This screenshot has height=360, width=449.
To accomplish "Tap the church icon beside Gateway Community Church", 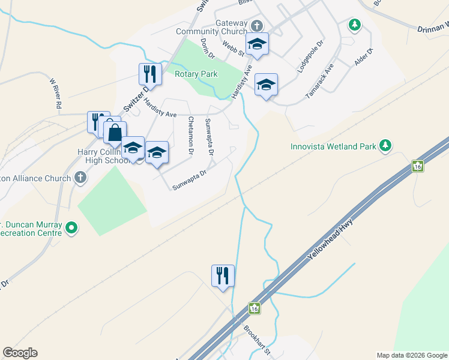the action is click(x=257, y=26).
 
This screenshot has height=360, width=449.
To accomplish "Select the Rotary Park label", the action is click(x=196, y=74).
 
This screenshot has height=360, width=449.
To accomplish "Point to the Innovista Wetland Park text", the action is click(x=333, y=146).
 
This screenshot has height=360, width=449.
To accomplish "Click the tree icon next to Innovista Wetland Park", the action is click(x=385, y=146).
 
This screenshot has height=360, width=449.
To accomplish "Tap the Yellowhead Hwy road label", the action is click(x=330, y=239).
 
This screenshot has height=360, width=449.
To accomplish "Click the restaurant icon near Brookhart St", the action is click(x=223, y=276).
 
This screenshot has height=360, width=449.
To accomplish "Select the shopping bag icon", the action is click(x=115, y=132).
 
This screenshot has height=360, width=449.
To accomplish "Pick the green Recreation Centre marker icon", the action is click(x=71, y=227).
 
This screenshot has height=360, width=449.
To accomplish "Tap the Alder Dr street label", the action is click(x=364, y=57).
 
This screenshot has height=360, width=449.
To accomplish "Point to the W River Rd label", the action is click(x=55, y=93).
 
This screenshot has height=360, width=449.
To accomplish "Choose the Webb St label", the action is click(x=232, y=47).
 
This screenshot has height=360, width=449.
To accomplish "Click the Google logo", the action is click(x=20, y=353).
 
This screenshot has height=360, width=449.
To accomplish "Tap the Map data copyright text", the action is click(x=411, y=355).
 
